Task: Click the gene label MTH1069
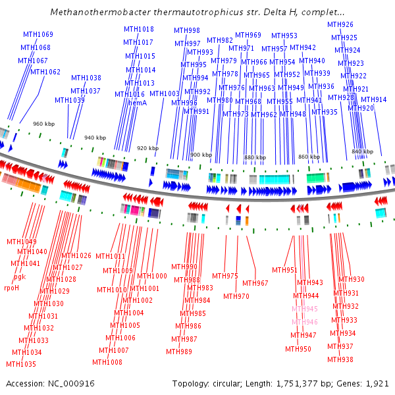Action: (38, 34)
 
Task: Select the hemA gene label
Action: (136, 103)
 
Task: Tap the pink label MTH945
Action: (305, 309)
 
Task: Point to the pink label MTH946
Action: (305, 322)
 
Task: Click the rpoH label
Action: (12, 288)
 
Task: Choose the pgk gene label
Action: (19, 276)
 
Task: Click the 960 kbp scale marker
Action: (43, 124)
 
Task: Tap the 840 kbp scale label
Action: (362, 151)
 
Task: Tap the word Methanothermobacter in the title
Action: (99, 12)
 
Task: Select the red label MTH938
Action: (340, 359)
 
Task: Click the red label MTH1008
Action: (107, 362)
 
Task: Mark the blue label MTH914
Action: (374, 99)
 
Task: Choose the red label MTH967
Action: (255, 283)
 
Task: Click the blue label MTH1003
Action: (165, 93)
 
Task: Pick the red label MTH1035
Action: (21, 364)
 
